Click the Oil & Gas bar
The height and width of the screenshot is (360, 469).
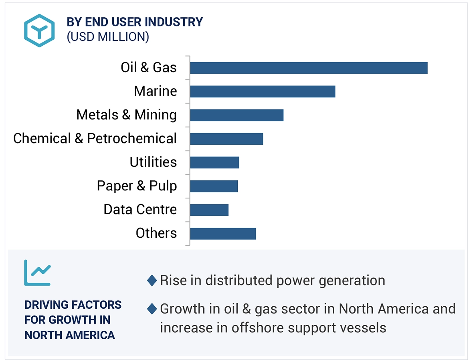(309, 68)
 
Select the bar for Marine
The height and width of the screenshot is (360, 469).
(263, 91)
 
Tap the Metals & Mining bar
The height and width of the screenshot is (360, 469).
(237, 115)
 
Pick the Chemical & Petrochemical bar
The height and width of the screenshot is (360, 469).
(226, 139)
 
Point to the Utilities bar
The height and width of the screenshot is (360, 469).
(214, 162)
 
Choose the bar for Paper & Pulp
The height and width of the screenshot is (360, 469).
(214, 186)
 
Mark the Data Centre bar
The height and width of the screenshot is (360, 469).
(209, 210)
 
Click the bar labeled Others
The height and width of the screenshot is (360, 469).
(223, 233)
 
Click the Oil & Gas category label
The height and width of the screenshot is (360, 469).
(148, 67)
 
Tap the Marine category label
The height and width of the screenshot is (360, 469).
(155, 91)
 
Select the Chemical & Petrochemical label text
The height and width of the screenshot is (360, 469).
(95, 138)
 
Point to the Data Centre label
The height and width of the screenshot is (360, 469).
(140, 209)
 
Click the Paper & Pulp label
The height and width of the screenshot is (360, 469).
(137, 186)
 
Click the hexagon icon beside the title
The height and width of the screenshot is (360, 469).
(39, 30)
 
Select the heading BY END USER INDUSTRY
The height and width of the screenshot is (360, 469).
(135, 22)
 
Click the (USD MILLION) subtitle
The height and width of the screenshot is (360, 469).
(108, 36)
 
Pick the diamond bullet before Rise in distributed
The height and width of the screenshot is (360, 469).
(152, 281)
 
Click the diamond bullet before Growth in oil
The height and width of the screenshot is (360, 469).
(152, 309)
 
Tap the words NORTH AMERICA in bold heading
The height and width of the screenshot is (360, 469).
(69, 335)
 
